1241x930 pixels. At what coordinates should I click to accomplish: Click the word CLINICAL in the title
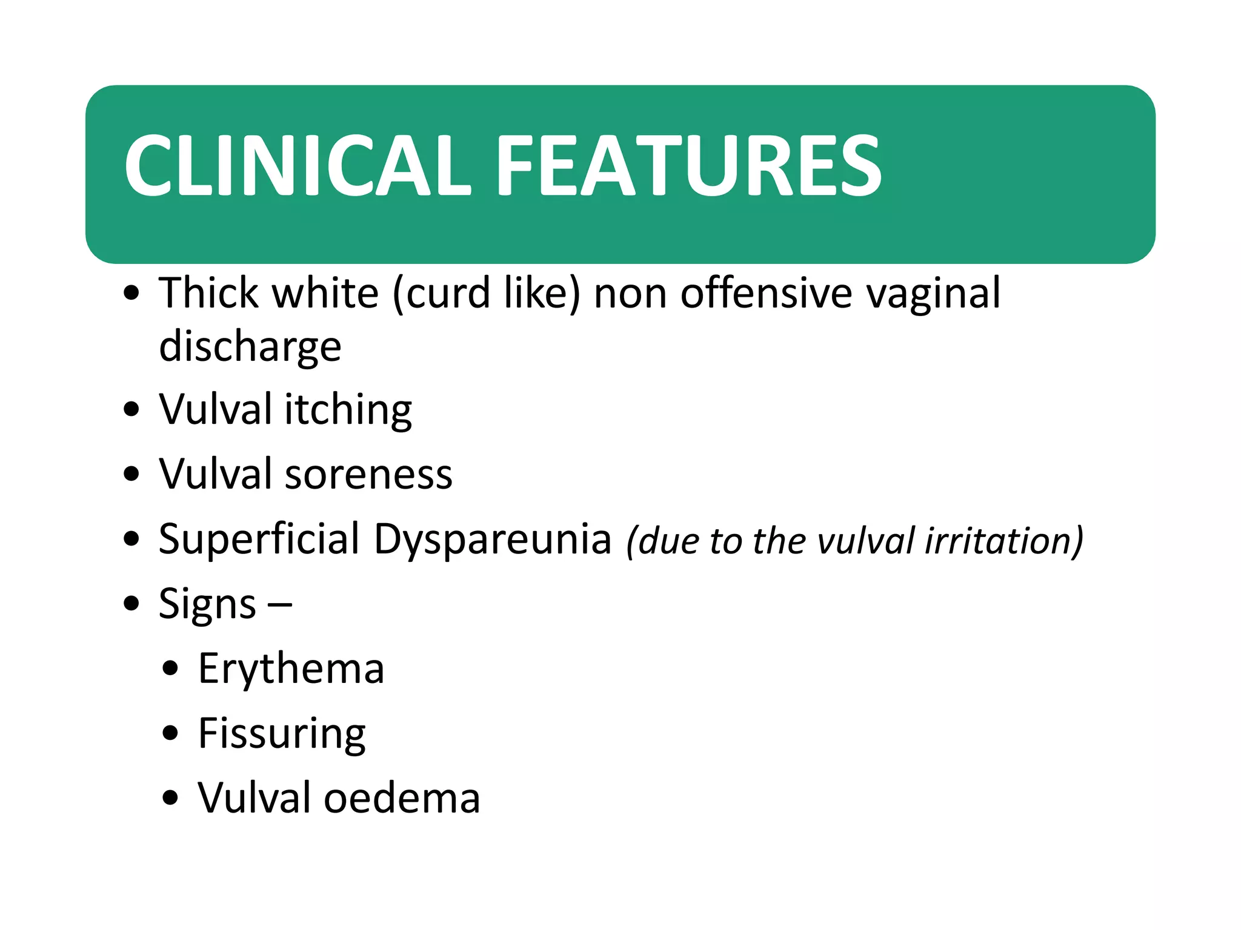tap(297, 165)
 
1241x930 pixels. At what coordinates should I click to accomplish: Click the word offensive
tap(768, 293)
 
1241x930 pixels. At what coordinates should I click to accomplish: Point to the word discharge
tap(250, 348)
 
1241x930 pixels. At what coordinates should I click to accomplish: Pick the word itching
tap(348, 410)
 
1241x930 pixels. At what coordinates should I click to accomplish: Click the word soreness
tap(368, 474)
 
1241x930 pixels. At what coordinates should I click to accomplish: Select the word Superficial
tap(259, 538)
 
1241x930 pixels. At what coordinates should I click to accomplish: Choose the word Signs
tap(207, 604)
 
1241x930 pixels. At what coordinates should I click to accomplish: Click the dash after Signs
tap(279, 604)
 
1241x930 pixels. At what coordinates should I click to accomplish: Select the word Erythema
tap(291, 669)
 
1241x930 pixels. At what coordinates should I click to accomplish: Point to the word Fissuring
tap(282, 734)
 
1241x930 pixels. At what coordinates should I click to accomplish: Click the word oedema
tap(402, 798)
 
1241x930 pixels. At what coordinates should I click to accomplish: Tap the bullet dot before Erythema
tap(171, 668)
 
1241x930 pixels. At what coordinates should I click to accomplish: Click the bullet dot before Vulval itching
tap(131, 409)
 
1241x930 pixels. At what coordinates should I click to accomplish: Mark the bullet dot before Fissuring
tap(171, 733)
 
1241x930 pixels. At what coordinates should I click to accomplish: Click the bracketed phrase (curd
tap(442, 293)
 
